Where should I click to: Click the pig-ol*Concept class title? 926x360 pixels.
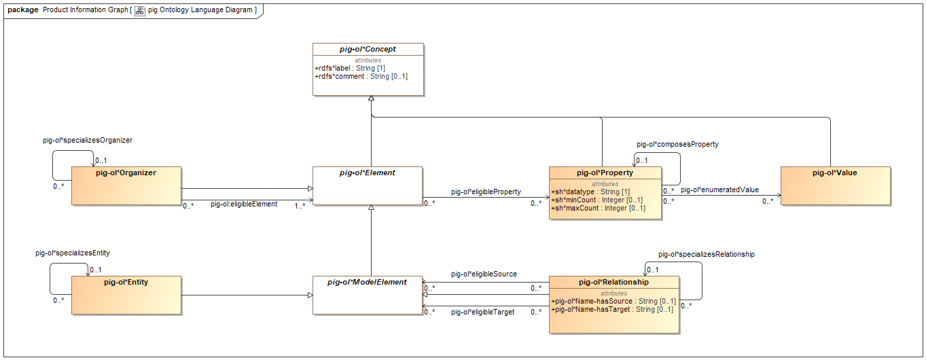click(x=368, y=49)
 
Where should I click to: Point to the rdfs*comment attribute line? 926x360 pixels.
click(x=361, y=76)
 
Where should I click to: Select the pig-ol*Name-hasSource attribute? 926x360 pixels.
click(x=613, y=301)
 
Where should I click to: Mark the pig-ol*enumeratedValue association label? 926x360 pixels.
click(x=719, y=190)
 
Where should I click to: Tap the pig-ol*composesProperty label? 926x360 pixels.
click(x=677, y=144)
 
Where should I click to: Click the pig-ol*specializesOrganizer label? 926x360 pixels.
click(x=88, y=140)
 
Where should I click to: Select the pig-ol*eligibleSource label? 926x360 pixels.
click(x=484, y=274)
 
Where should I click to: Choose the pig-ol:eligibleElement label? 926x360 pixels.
click(x=243, y=204)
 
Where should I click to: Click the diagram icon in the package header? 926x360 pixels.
click(x=140, y=11)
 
